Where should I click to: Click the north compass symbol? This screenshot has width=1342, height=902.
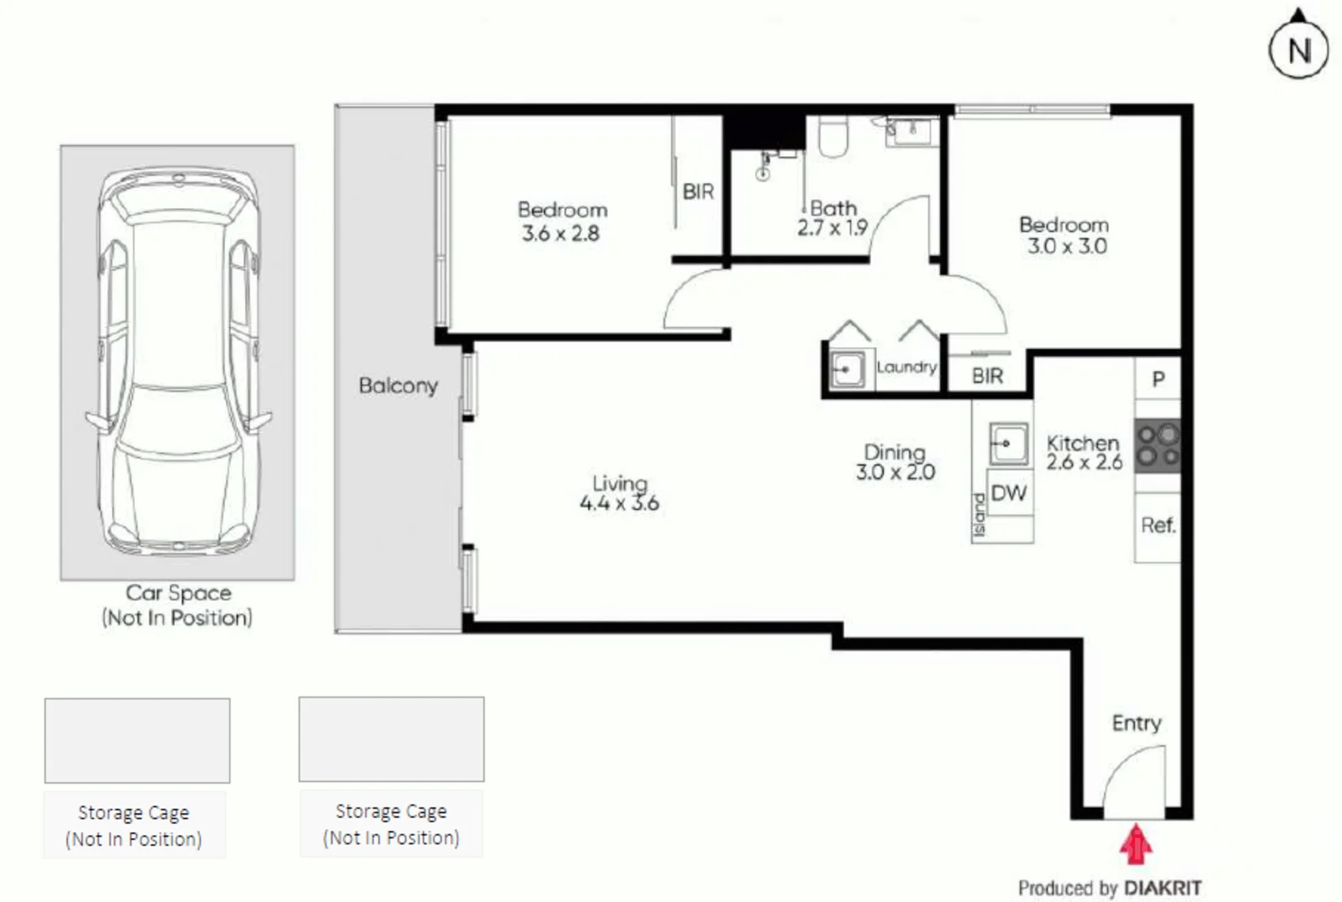coord(1298,49)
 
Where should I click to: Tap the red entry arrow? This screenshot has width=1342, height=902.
coord(1136,844)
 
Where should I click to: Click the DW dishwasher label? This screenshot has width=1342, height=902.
coord(1008,493)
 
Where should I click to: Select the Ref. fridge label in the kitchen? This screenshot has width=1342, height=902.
coord(1158,525)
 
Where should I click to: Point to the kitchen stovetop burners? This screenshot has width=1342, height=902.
coord(1157,446)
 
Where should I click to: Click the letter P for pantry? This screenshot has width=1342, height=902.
coord(1158,379)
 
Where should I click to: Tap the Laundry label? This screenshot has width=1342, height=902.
coord(906,368)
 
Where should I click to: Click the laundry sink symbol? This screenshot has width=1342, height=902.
coord(847,370)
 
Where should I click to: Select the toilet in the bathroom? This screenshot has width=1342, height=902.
coord(833,137)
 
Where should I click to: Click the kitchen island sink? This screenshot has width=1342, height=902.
coord(1007,443)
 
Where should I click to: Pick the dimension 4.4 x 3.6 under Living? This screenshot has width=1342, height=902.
coord(619,503)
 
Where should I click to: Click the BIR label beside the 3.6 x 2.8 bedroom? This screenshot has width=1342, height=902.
coord(698,192)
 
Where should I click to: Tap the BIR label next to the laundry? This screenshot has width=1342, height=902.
coord(987,376)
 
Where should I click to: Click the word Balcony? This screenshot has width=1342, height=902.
coord(398,386)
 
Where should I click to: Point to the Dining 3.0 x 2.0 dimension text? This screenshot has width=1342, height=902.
coord(895,472)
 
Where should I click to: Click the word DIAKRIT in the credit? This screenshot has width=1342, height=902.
coord(1163,888)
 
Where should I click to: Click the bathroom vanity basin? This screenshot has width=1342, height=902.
coord(910,131)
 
